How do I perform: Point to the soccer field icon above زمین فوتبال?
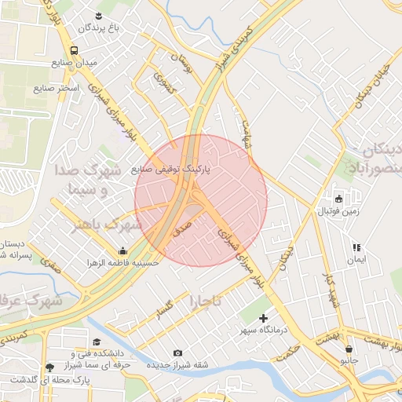[x=339, y=198]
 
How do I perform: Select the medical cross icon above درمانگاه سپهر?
[x=262, y=318]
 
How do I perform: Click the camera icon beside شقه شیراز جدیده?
[x=177, y=353]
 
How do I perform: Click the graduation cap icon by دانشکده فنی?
[x=97, y=342]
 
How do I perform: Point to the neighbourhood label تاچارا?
[x=206, y=301]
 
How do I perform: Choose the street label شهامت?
[x=248, y=133]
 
